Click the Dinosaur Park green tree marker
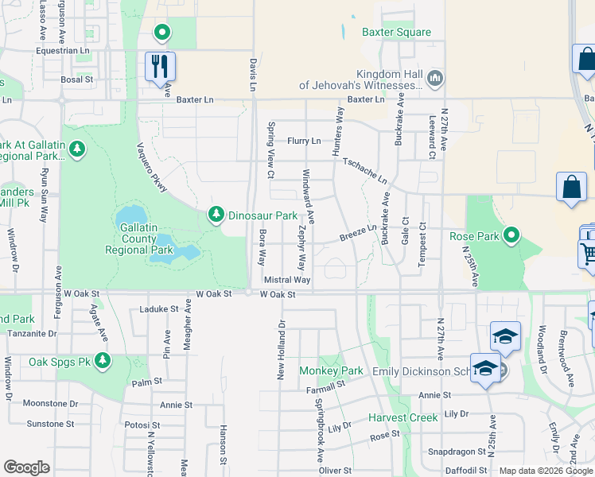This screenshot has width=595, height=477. click(216, 215)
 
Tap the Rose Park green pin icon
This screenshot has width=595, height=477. click(512, 235)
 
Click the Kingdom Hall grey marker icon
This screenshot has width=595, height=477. click(434, 78)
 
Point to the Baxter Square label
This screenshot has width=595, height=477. click(396, 33)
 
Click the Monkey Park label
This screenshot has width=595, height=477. click(331, 371)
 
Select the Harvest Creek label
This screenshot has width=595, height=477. click(402, 418)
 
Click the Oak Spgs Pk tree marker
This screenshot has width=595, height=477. click(102, 361)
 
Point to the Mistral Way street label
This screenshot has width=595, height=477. click(286, 280)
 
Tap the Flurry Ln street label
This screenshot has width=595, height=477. click(304, 141)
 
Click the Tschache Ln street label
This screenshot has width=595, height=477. click(364, 169)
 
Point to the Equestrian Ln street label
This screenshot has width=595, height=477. click(62, 50)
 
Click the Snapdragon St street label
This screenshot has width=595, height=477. click(457, 452)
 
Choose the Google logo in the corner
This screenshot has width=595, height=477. click(27, 467)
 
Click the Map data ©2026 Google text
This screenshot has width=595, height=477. click(546, 471)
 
